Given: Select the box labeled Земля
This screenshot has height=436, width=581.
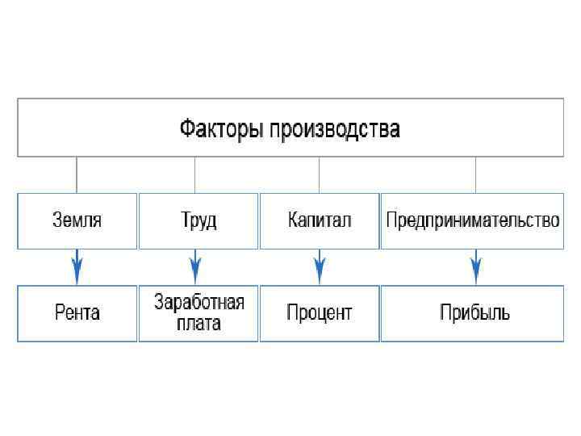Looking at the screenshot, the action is pyautogui.click(x=77, y=220).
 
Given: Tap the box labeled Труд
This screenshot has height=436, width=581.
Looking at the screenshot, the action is pyautogui.click(x=199, y=220).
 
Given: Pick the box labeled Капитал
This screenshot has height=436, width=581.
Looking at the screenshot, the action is pyautogui.click(x=320, y=220).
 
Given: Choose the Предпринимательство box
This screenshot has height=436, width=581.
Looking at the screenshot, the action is pyautogui.click(x=472, y=220).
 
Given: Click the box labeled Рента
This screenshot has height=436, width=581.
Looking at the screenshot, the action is pyautogui.click(x=77, y=312).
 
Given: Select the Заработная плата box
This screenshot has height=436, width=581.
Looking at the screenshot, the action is pyautogui.click(x=199, y=312).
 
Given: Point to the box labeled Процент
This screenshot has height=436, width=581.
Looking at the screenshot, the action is pyautogui.click(x=320, y=312).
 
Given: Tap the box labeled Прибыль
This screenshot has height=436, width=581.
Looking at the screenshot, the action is pyautogui.click(x=472, y=312).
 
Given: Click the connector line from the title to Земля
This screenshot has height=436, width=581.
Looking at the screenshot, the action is pyautogui.click(x=77, y=174).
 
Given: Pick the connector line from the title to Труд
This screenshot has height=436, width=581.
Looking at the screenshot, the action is pyautogui.click(x=194, y=174).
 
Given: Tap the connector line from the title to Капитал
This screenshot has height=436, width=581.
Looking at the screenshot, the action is pyautogui.click(x=320, y=174).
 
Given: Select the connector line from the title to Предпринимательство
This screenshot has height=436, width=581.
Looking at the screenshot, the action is pyautogui.click(x=475, y=174).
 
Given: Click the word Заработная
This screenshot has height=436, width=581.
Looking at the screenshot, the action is pyautogui.click(x=199, y=304).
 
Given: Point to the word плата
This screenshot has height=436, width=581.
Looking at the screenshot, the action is pyautogui.click(x=199, y=323).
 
